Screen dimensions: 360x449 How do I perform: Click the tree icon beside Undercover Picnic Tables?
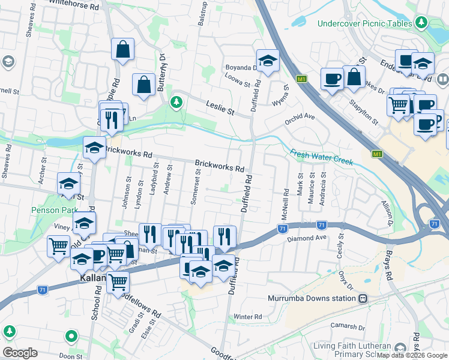click(422, 23)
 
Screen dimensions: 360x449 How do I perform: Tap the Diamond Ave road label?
click(306, 238)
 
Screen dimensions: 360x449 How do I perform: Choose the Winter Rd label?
click(249, 316)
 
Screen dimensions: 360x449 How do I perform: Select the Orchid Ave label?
click(300, 116)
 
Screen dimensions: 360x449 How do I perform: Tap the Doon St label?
click(70, 356)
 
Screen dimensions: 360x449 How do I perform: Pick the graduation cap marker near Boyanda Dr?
click(268, 60)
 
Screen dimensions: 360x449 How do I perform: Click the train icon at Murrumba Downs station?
click(363, 298)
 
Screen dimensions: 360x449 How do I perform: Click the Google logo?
click(20, 352)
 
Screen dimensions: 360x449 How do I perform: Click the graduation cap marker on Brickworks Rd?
click(94, 148)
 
